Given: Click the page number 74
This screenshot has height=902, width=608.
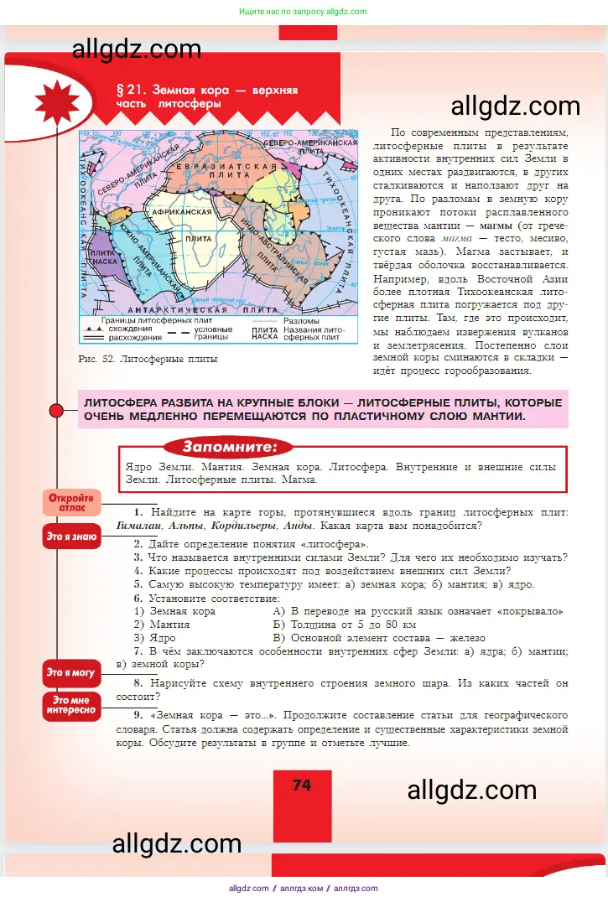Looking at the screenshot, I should click(x=302, y=785).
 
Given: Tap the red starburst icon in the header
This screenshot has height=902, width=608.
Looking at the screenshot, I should click(x=58, y=103).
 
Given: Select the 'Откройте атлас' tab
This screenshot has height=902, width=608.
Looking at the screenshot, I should click(x=71, y=502).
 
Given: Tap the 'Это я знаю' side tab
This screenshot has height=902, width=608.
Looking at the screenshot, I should click(x=71, y=537).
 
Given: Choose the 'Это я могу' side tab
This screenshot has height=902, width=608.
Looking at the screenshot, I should click(x=71, y=672).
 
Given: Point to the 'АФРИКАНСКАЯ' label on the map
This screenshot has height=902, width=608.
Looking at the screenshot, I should click(x=181, y=213).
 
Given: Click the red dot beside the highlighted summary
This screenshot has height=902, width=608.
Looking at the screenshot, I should click(x=57, y=411).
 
